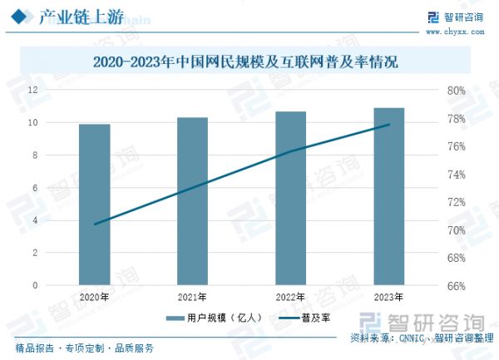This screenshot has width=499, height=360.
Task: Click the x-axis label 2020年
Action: (x=94, y=297)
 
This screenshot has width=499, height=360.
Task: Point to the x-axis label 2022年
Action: (x=290, y=297)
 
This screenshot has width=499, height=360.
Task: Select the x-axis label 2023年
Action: (x=388, y=297)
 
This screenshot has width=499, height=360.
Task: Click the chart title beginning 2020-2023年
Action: (x=245, y=62)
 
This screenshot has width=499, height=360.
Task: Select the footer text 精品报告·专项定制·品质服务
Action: (x=84, y=348)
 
